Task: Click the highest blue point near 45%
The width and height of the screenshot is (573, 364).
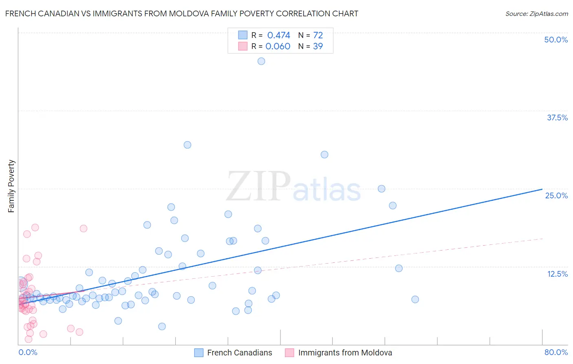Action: (261, 61)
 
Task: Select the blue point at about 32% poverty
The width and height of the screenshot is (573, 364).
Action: (187, 145)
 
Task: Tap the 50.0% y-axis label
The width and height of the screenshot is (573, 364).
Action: (556, 40)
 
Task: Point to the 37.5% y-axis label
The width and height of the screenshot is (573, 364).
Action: (557, 118)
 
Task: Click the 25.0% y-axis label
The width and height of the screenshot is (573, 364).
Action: (556, 195)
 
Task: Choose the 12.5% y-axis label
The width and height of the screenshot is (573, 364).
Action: (557, 274)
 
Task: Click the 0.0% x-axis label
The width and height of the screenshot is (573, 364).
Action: (28, 352)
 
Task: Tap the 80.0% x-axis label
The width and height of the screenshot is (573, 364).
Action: (556, 352)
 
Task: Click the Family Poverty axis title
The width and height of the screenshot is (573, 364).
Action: (11, 186)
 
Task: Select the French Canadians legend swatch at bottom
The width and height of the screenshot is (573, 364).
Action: (199, 353)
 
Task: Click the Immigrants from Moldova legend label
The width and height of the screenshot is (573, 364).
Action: (345, 353)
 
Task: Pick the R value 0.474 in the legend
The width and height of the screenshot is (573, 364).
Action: (278, 36)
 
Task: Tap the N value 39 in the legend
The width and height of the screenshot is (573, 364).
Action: (318, 47)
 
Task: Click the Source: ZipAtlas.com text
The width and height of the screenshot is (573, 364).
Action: (536, 14)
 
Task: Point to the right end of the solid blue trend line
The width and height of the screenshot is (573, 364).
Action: (542, 189)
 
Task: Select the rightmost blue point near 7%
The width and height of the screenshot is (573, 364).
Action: (415, 300)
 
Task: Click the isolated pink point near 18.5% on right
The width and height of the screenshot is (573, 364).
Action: (84, 229)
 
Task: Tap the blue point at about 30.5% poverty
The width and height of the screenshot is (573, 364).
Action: (324, 155)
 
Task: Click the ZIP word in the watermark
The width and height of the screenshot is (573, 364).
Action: (258, 186)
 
